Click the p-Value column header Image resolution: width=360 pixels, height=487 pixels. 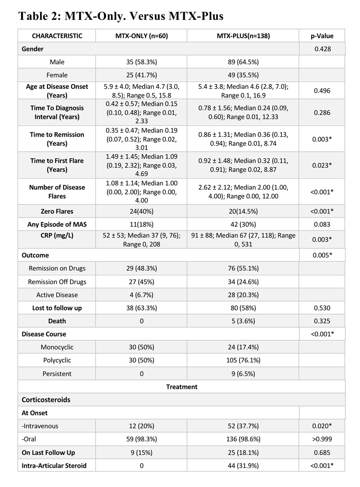pyautogui.click(x=322, y=36)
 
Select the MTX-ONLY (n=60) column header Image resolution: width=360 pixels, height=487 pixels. pyautogui.click(x=141, y=36)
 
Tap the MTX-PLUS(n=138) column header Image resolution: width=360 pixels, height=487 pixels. pyautogui.click(x=243, y=36)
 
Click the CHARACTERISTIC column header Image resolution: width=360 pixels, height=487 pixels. pyautogui.click(x=57, y=36)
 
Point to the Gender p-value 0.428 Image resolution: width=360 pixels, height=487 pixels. pyautogui.click(x=322, y=49)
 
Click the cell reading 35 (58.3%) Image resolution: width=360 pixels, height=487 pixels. pyautogui.click(x=141, y=62)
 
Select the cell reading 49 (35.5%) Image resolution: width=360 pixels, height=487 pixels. pyautogui.click(x=243, y=75)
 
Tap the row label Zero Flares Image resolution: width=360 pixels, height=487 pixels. pyautogui.click(x=57, y=211)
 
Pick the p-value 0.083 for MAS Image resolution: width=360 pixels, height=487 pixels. pyautogui.click(x=322, y=224)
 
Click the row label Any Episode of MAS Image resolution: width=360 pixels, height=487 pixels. pyautogui.click(x=57, y=224)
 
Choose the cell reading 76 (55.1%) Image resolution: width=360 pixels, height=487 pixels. pyautogui.click(x=243, y=269)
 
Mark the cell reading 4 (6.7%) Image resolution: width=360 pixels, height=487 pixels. pyautogui.click(x=141, y=295)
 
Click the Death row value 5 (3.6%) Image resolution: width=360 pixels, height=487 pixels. pyautogui.click(x=243, y=321)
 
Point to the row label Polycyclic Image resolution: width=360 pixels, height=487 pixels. pyautogui.click(x=57, y=360)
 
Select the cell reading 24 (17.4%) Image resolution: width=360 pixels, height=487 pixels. pyautogui.click(x=243, y=347)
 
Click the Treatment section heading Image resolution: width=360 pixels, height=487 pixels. pyautogui.click(x=181, y=387)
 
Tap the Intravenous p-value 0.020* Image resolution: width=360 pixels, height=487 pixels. pyautogui.click(x=322, y=426)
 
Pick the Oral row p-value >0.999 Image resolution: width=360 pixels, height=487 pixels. pyautogui.click(x=322, y=439)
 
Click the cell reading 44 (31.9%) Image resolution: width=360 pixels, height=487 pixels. pyautogui.click(x=243, y=465)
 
